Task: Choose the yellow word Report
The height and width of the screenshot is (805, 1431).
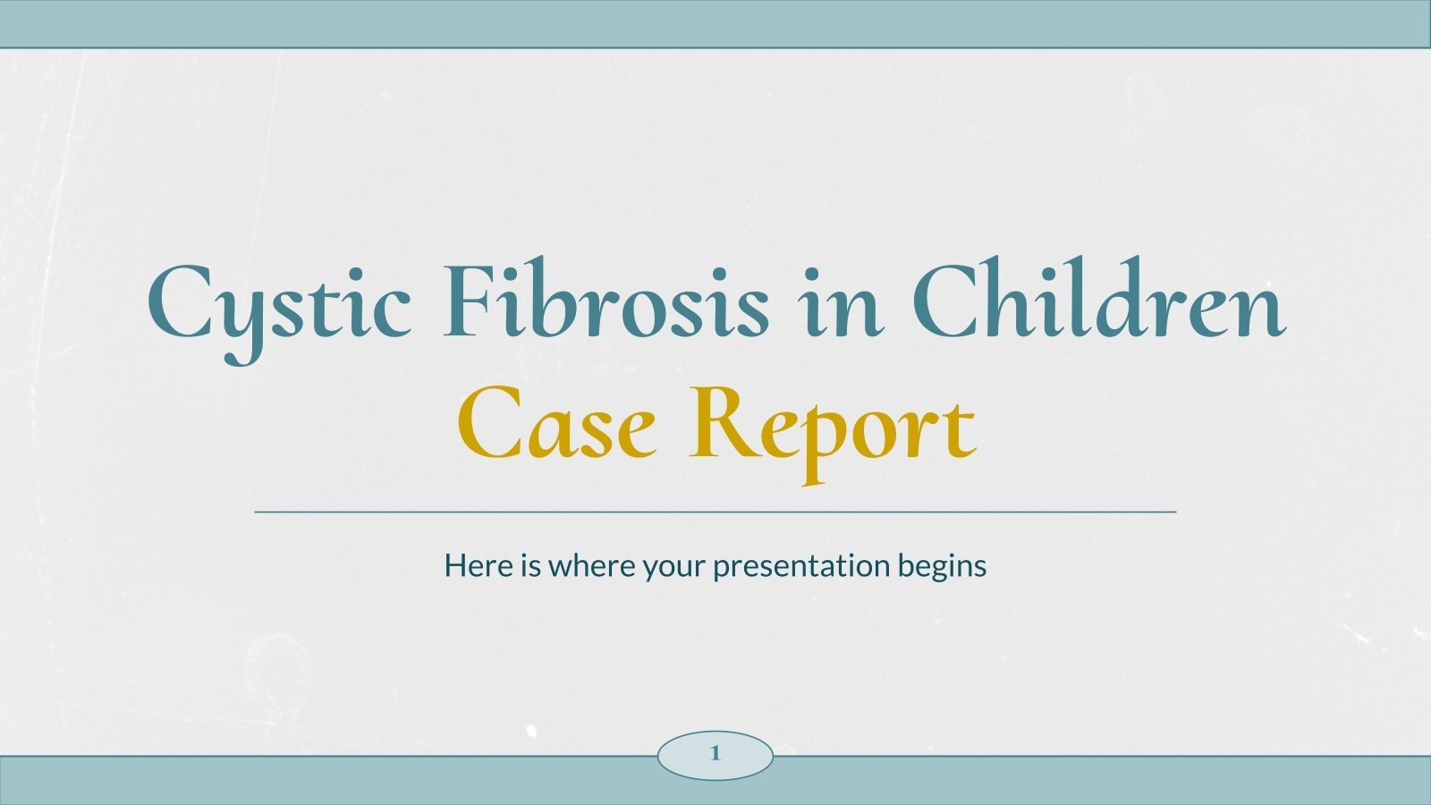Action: point(831,425)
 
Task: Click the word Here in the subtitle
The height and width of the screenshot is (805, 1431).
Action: point(478,565)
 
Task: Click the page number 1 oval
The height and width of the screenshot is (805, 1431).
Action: point(715,754)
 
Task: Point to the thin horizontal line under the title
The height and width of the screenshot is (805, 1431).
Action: point(715,513)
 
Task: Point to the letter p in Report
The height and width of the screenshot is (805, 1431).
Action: point(818,438)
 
